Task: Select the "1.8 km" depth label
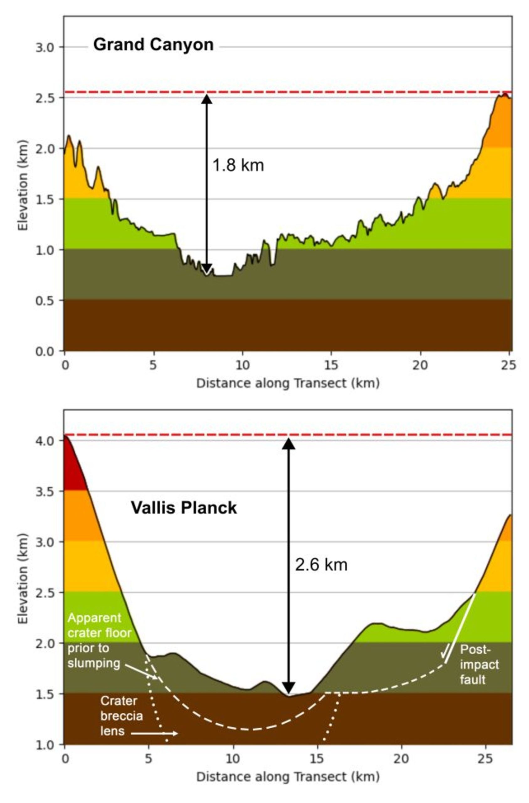[238, 166]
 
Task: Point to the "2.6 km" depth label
[321, 565]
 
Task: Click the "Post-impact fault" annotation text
[479, 664]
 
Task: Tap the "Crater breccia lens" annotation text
[121, 715]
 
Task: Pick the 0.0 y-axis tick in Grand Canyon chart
[45, 351]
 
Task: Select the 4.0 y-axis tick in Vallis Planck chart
[45, 441]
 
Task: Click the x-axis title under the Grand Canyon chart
[288, 384]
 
